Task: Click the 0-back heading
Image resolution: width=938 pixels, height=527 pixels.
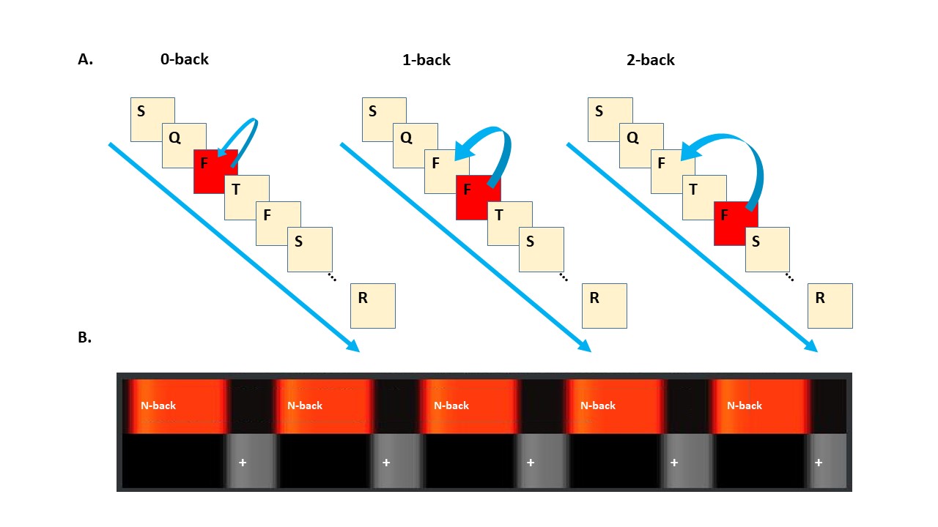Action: coord(185,59)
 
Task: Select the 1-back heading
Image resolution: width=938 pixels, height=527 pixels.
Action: coord(426,59)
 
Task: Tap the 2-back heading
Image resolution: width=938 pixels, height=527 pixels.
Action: coord(651,59)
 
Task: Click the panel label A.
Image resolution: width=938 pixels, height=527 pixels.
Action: coord(86,60)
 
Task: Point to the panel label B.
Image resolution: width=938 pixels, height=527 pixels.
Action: coord(85,338)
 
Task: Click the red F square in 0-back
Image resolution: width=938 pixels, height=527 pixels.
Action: coord(215,171)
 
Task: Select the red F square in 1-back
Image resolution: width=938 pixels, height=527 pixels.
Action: coord(478,198)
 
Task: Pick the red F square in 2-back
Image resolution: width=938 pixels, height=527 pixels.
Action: coord(736,223)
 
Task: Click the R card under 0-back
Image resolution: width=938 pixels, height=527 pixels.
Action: coord(373,305)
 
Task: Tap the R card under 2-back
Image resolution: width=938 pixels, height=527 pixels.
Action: coord(830,305)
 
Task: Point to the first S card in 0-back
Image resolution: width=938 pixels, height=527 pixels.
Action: coord(152,119)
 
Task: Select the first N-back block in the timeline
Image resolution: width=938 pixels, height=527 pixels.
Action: coord(176,405)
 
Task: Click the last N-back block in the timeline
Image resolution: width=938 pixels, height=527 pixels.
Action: coord(761,405)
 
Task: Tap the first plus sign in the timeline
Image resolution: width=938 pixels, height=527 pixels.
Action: coord(243,463)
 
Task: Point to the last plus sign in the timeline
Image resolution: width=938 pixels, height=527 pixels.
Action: coord(819,463)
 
